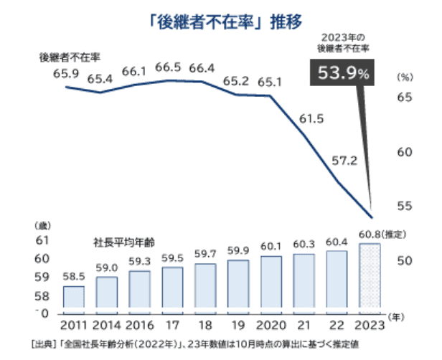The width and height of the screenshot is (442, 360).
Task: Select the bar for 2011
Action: (74, 296)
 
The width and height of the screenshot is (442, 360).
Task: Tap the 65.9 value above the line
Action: (65, 72)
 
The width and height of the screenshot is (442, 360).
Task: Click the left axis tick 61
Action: (42, 240)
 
